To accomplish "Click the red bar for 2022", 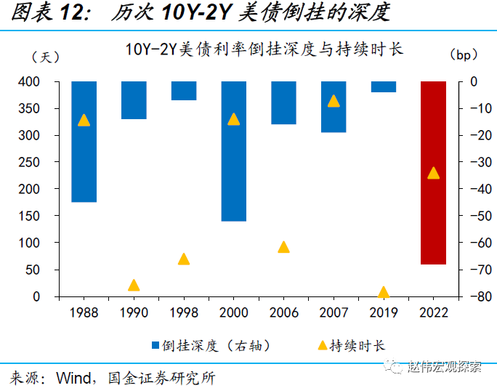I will (434, 173).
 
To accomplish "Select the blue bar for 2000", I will (234, 151).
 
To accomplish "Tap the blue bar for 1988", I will (84, 142).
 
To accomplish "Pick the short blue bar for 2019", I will (384, 87).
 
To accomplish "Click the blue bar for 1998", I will (184, 91).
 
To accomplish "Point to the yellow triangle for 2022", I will (434, 173).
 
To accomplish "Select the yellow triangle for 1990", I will (134, 286).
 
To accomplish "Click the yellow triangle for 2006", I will (284, 247).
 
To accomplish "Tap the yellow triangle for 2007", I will (334, 101).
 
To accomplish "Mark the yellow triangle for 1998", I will (184, 259).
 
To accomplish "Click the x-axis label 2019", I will (384, 312).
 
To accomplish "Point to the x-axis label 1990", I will (134, 312).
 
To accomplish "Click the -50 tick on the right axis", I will (476, 217).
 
